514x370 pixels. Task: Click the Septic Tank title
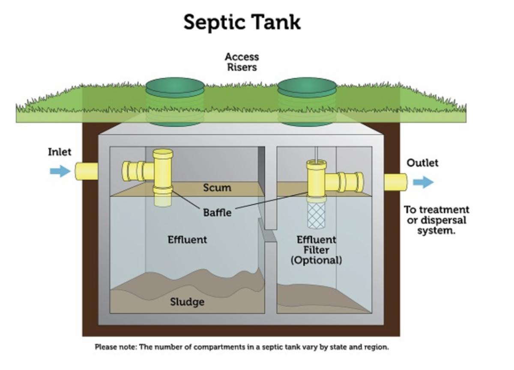[242, 22]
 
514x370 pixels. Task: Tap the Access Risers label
[242, 62]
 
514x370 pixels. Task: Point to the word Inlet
[60, 152]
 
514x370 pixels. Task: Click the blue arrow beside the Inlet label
[60, 171]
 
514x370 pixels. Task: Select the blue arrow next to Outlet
[423, 182]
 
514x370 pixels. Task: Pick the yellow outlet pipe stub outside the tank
[395, 182]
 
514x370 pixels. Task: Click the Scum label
[217, 188]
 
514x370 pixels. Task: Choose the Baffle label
[217, 212]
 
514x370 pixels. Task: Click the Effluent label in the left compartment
[187, 239]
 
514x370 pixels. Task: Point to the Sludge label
[187, 302]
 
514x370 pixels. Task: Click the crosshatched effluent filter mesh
[317, 217]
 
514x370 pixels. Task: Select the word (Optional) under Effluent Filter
[317, 260]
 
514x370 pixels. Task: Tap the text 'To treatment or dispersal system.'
[436, 220]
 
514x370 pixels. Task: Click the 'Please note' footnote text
[242, 347]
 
